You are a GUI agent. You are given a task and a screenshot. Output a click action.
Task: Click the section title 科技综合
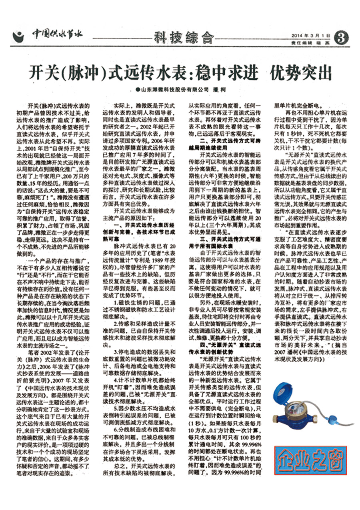pyautogui.click(x=184, y=38)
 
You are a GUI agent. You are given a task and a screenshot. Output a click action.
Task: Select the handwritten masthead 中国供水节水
pyautogui.click(x=57, y=34)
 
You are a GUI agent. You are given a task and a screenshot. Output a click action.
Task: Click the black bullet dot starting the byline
pyautogui.click(x=137, y=90)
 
